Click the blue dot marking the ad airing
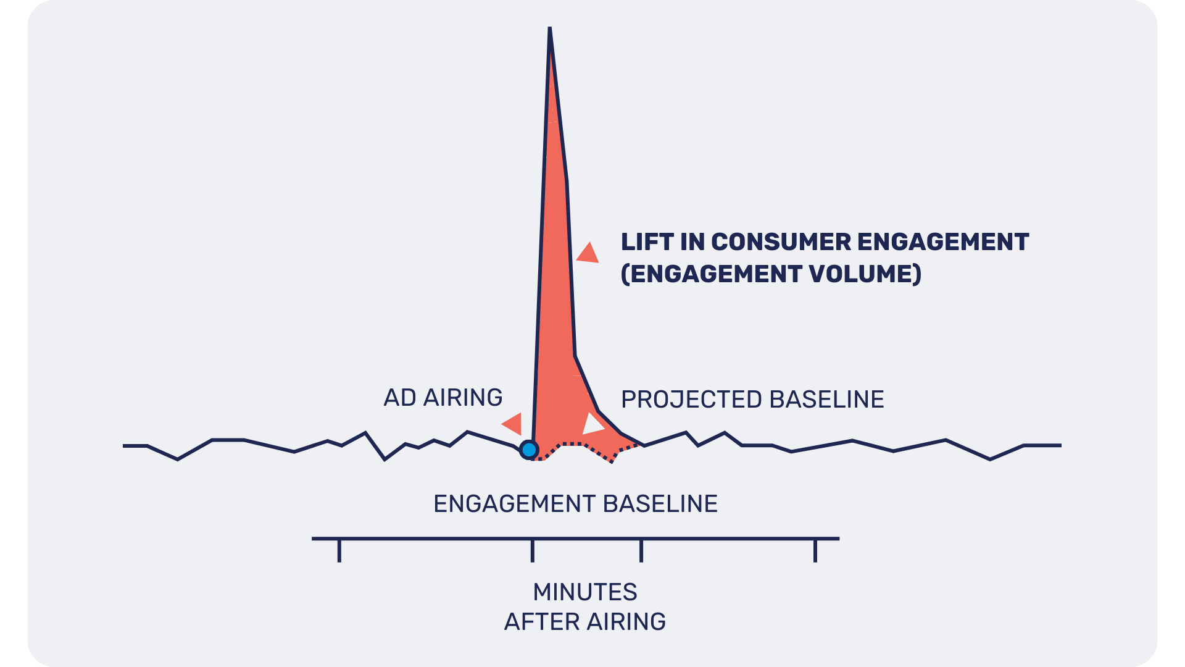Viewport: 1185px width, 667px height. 529,450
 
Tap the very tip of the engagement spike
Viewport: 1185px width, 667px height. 549,29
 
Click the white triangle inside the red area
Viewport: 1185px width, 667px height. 592,425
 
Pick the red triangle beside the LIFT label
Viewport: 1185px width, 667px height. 589,254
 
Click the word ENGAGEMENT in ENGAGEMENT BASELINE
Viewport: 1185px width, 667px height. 514,504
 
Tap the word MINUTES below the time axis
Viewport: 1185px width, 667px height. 585,592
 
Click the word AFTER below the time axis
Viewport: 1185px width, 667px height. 541,622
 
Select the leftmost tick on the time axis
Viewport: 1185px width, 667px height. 339,550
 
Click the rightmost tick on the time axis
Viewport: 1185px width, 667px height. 815,550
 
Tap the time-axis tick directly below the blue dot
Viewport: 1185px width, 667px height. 533,550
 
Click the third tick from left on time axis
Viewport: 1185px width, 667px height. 641,550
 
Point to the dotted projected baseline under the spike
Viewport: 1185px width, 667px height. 574,444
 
